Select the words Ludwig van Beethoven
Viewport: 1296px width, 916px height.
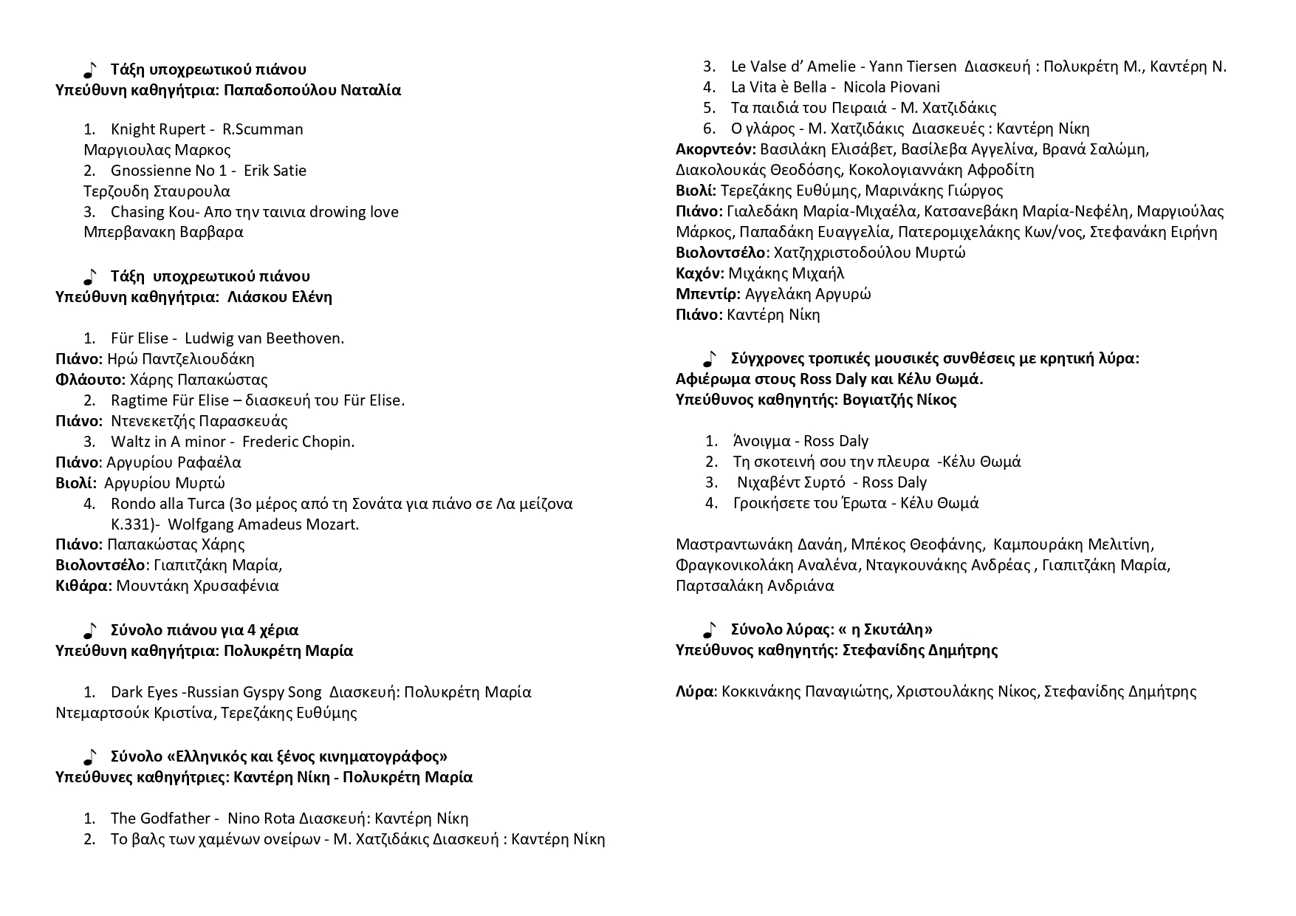264,338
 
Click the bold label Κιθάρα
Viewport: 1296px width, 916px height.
83,586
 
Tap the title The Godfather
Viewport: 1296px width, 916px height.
160,818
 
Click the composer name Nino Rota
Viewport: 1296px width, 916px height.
261,818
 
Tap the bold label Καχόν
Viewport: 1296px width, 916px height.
699,273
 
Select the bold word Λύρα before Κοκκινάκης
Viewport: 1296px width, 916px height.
695,691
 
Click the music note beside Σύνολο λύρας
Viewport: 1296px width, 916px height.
710,630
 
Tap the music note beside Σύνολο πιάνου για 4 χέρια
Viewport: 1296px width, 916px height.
89,631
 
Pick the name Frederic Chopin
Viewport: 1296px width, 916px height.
298,442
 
